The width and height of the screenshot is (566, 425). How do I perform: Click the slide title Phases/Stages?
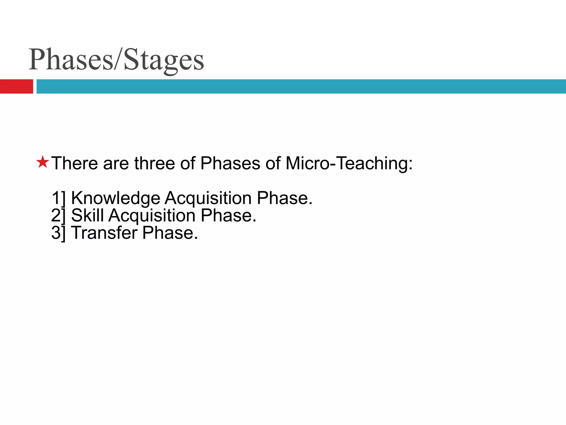pyautogui.click(x=116, y=59)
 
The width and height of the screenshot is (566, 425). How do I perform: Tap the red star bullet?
pyautogui.click(x=43, y=162)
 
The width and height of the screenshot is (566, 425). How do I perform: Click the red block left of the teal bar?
pyautogui.click(x=16, y=86)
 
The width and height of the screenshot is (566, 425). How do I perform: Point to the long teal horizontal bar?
pyautogui.click(x=301, y=86)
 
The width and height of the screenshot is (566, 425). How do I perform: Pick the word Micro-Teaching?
pyautogui.click(x=348, y=163)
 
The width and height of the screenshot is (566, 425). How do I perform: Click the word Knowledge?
pyautogui.click(x=116, y=198)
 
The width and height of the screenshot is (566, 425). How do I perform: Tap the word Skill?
pyautogui.click(x=87, y=215)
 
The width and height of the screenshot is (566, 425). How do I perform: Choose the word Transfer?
pyautogui.click(x=104, y=233)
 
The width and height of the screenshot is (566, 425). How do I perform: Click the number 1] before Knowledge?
pyautogui.click(x=59, y=198)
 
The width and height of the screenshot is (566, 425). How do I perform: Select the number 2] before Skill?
pyautogui.click(x=59, y=215)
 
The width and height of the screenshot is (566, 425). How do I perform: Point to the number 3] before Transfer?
pyautogui.click(x=59, y=233)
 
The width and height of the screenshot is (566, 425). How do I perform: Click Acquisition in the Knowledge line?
pyautogui.click(x=208, y=198)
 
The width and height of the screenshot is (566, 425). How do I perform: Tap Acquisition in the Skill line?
pyautogui.click(x=152, y=215)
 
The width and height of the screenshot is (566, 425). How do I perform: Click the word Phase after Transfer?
pyautogui.click(x=170, y=233)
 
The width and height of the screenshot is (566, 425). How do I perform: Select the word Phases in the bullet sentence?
pyautogui.click(x=230, y=163)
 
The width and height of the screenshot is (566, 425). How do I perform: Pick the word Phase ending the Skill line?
pyautogui.click(x=228, y=215)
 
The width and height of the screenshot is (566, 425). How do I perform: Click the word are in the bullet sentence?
pyautogui.click(x=116, y=163)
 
